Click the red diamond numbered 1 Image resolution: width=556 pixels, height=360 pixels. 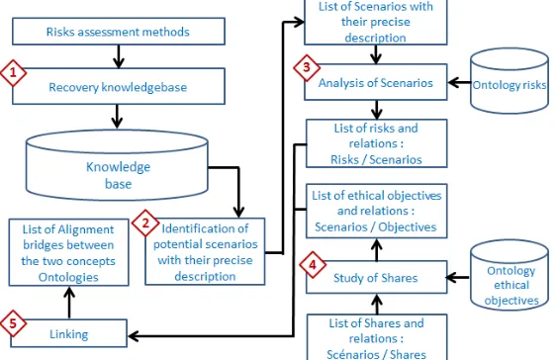[13, 73]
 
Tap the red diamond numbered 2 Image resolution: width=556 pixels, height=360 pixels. [145, 224]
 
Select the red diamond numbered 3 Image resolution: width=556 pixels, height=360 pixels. [307, 67]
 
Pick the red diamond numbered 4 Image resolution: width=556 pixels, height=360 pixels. [313, 265]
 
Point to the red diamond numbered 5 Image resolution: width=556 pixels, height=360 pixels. [13, 323]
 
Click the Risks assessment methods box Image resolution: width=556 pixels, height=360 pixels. [119, 32]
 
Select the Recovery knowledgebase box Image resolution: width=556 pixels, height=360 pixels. [119, 86]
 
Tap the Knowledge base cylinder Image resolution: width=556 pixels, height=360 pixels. [117, 165]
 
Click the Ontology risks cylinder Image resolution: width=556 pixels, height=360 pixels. [510, 81]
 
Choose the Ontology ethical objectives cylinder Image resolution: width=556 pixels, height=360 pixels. [510, 275]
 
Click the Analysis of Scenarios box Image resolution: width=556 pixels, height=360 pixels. [376, 82]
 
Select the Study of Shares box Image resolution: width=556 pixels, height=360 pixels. [376, 278]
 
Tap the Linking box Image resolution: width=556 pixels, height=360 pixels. [69, 333]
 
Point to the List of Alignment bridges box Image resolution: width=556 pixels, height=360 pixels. [69, 252]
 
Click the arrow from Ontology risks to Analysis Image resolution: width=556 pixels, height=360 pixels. [460, 83]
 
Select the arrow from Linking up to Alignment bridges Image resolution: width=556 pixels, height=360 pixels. [69, 303]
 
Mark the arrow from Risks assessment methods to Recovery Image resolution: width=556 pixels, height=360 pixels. [119, 56]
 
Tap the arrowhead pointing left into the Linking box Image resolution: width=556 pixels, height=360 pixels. [133, 336]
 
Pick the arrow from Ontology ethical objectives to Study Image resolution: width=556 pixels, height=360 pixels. [458, 278]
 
